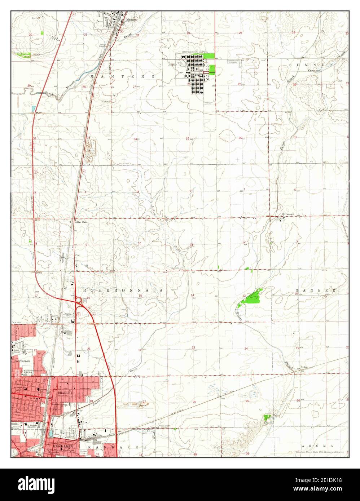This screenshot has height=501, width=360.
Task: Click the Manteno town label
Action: [132, 20]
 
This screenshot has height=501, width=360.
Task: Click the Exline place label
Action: [305, 369]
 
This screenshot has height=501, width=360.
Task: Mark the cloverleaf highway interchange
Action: [79, 300]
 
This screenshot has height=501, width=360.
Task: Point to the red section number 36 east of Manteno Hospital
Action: [240, 138]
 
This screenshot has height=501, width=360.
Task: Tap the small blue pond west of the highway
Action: [34, 108]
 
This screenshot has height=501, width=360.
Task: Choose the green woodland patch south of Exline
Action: [268, 417]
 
